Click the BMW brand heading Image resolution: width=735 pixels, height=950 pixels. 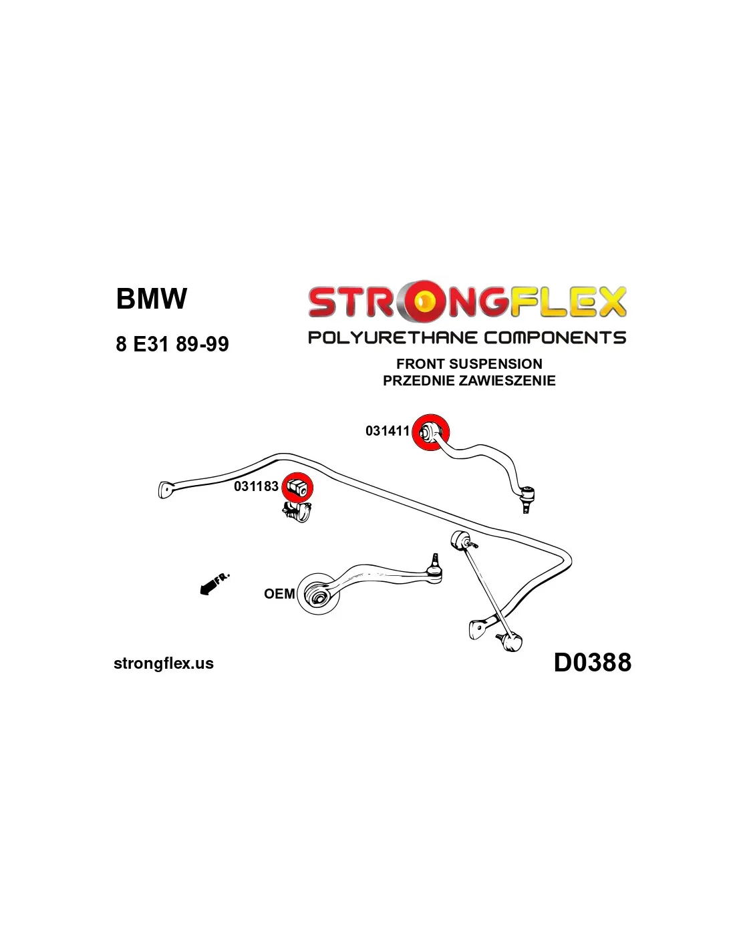coord(152,299)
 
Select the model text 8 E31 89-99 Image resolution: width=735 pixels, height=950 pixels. coord(172,344)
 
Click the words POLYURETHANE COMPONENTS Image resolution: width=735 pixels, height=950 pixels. coord(466,337)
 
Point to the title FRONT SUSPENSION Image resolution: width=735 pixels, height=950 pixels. coord(469,364)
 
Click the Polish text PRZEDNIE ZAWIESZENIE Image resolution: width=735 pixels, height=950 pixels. coord(469,381)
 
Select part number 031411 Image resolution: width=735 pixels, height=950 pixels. coord(387,431)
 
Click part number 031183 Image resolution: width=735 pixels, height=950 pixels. coord(256,486)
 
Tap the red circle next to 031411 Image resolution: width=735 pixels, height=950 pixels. coord(430,432)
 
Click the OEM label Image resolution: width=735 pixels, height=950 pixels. coord(279,594)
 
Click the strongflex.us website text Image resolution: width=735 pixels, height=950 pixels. coord(164,663)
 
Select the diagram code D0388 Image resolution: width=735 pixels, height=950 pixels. coord(592,663)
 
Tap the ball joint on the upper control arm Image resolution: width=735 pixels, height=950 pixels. coord(527,495)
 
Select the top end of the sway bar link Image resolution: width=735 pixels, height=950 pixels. coord(461,538)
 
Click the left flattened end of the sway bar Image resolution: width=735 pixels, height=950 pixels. coord(166,489)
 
